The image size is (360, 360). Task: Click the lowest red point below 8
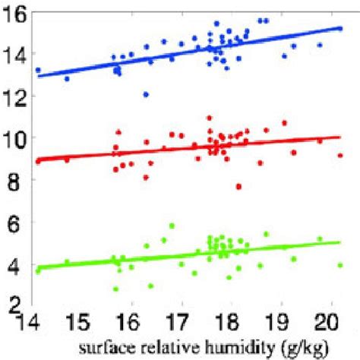[x=238, y=186]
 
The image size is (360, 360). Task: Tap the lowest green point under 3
[x=115, y=289]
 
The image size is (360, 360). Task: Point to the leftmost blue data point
[x=38, y=70]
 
